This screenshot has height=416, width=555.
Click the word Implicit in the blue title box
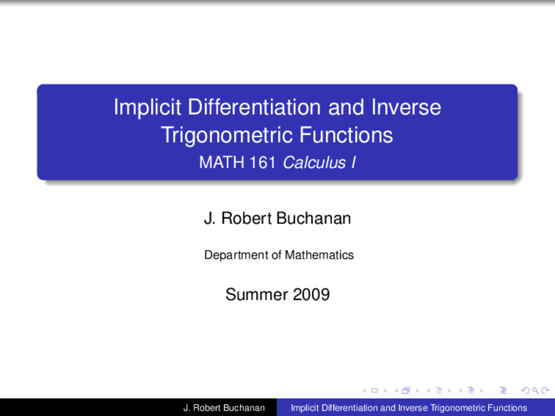click(147, 107)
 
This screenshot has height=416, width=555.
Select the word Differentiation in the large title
click(255, 107)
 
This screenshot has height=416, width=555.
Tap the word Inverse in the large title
click(406, 107)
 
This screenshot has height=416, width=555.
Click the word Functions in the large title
click(346, 135)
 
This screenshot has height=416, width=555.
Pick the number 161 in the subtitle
click(262, 162)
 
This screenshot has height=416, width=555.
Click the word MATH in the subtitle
click(222, 162)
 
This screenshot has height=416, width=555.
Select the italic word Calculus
click(314, 162)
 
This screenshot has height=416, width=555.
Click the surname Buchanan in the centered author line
click(313, 218)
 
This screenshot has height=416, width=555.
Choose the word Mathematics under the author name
click(320, 255)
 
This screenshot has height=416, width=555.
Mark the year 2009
click(311, 295)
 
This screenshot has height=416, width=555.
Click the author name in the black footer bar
click(224, 408)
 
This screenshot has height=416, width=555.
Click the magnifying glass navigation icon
click(535, 390)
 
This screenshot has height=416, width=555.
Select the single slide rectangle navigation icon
click(375, 390)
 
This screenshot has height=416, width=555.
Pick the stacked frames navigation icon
click(406, 390)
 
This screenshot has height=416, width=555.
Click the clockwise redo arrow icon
click(545, 390)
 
